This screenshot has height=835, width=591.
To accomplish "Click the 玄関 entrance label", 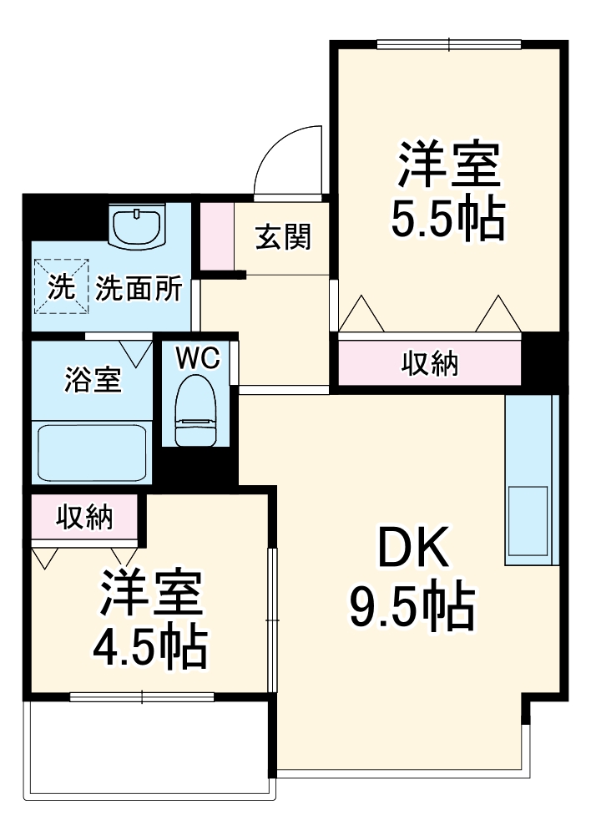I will click(283, 238).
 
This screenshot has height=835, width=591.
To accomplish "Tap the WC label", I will click(197, 357).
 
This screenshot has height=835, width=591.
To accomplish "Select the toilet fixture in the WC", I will click(196, 409).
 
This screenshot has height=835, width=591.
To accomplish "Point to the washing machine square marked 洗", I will click(60, 287).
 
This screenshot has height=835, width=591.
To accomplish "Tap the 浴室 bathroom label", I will click(93, 380).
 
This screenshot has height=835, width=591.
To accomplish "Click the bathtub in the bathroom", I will click(91, 451).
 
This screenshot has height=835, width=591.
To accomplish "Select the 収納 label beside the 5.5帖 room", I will click(430, 363).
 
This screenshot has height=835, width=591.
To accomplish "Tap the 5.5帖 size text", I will click(448, 217).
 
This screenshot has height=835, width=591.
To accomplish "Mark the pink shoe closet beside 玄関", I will click(217, 235).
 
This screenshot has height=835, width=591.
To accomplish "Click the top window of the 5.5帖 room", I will click(448, 43).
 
